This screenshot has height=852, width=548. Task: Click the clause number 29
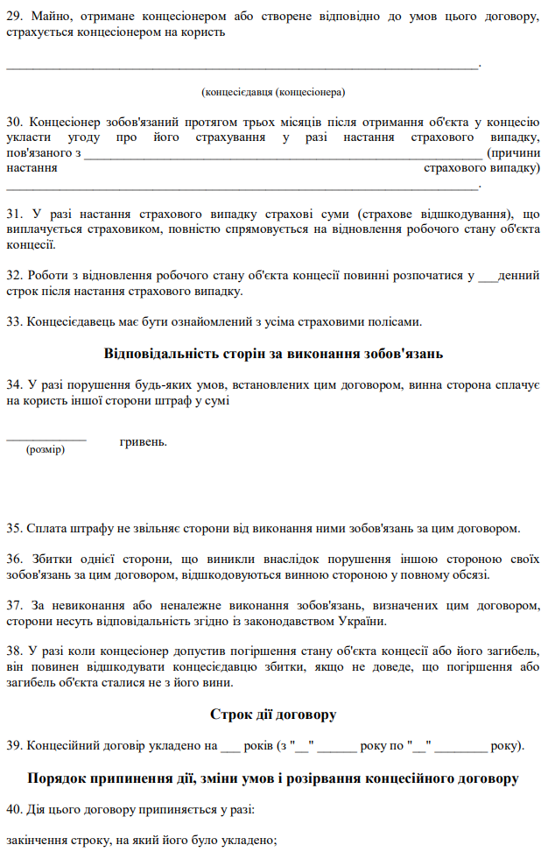tap(15, 18)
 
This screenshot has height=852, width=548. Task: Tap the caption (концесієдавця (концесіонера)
tap(272, 91)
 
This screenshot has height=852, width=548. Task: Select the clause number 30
tap(15, 123)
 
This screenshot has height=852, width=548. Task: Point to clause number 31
tap(15, 214)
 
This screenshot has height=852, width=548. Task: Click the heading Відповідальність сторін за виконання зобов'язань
tap(273, 354)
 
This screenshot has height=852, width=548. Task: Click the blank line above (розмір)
tap(46, 437)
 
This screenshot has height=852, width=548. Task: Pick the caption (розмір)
tap(46, 449)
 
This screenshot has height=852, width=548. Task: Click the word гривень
tap(143, 441)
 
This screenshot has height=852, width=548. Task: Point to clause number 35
tap(15, 528)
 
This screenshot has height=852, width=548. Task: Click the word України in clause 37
tap(362, 621)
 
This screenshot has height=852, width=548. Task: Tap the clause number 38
tap(15, 651)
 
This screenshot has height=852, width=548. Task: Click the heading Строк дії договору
tap(273, 715)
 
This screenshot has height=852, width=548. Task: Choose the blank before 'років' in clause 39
tap(229, 746)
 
